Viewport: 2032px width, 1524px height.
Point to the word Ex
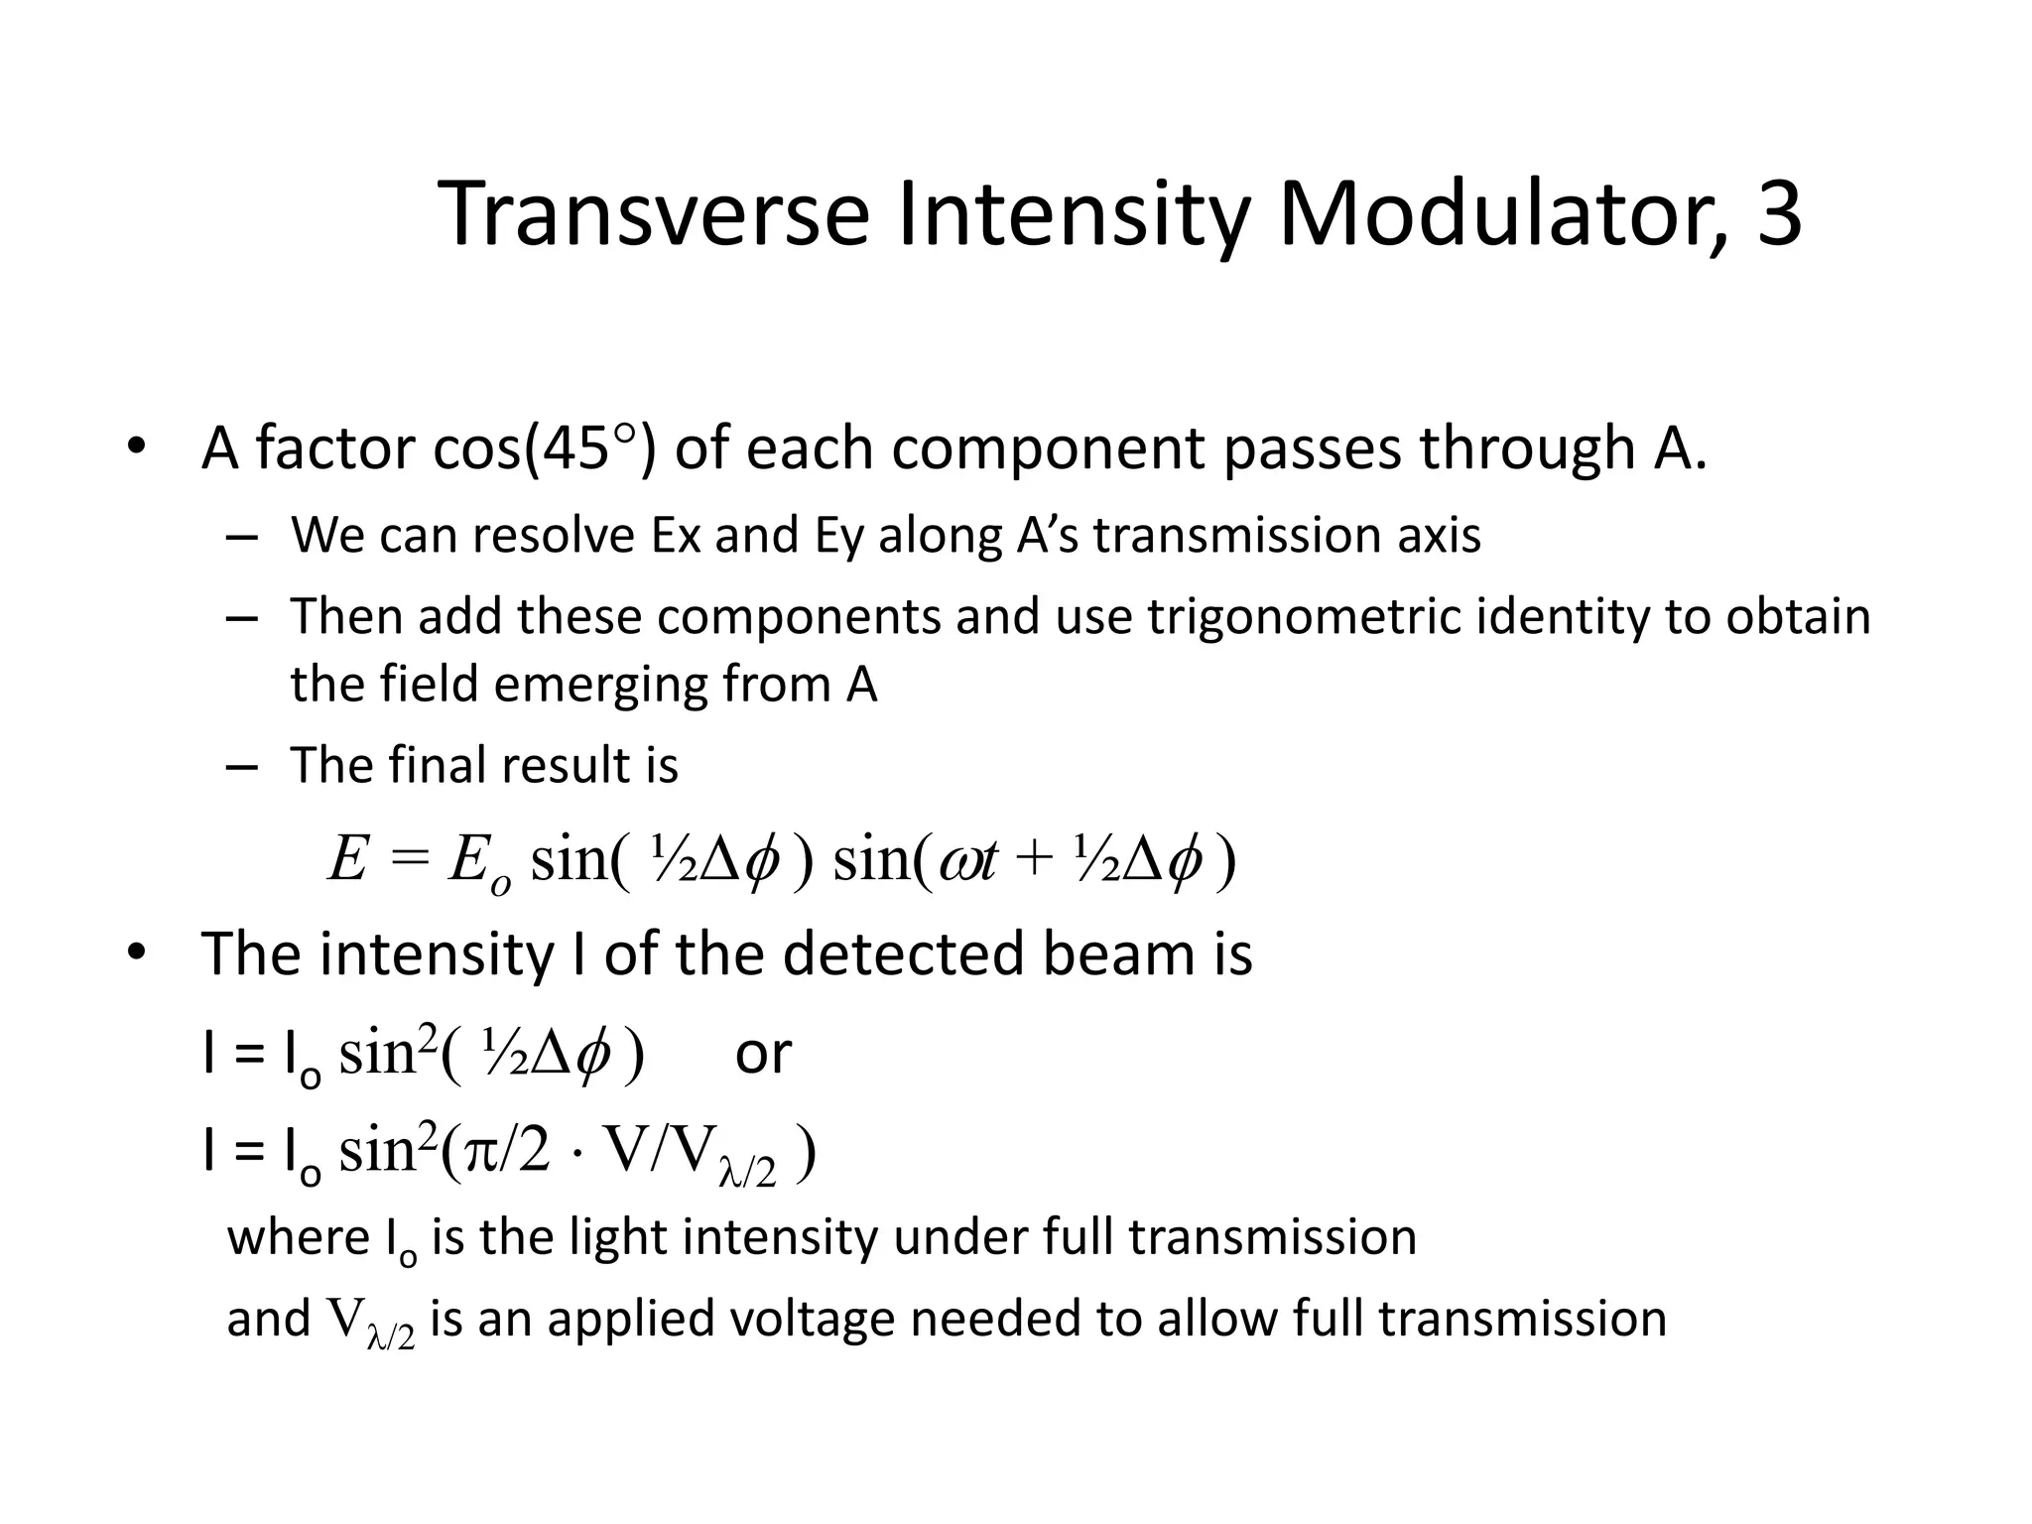(x=676, y=536)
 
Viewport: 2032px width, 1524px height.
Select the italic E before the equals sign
(x=348, y=858)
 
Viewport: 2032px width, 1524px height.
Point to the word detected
(x=901, y=954)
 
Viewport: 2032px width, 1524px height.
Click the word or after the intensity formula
(x=762, y=1054)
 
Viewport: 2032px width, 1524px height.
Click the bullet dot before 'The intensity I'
(x=136, y=953)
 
